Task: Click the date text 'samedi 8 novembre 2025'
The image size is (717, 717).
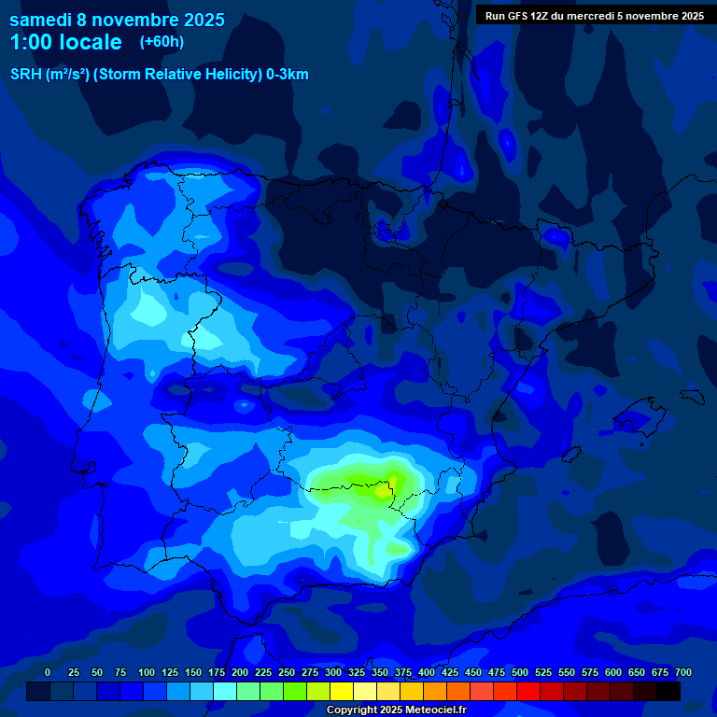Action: coord(117,20)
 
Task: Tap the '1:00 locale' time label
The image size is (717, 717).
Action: coord(65,42)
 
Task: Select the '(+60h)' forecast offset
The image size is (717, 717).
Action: coord(162,42)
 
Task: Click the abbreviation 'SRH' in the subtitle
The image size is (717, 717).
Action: coord(26,75)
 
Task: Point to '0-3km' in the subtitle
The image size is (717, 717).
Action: coord(287,75)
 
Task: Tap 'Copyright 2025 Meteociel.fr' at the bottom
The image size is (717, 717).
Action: coord(396,710)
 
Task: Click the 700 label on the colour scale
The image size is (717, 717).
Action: coord(682,673)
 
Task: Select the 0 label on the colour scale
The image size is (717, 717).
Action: coord(48,673)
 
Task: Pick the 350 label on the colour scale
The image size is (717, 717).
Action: coord(379,673)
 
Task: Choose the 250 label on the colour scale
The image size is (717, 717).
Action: coord(286,673)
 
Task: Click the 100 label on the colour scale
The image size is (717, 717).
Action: coord(146,673)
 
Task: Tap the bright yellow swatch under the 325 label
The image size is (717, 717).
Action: coord(342,692)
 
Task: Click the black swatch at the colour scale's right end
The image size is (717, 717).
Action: coord(668,692)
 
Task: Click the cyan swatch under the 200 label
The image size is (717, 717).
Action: coord(225,692)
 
